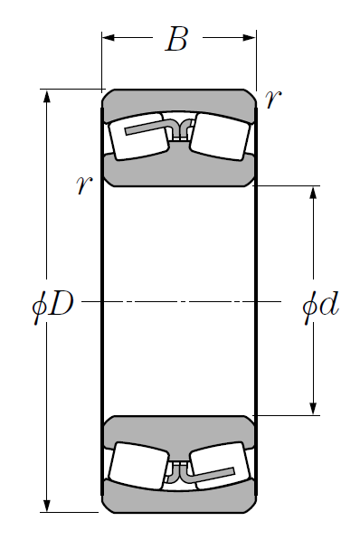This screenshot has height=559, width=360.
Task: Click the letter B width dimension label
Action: (176, 39)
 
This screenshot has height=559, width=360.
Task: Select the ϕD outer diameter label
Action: (52, 304)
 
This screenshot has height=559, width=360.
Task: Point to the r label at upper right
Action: (273, 99)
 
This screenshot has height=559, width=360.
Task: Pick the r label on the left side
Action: (84, 185)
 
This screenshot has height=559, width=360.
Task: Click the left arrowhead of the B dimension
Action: (109, 37)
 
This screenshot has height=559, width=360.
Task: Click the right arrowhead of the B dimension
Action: (249, 37)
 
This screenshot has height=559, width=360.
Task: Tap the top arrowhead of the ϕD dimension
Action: (47, 96)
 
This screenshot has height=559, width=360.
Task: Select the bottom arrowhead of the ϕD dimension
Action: (47, 506)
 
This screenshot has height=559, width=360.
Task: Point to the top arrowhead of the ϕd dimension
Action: (313, 193)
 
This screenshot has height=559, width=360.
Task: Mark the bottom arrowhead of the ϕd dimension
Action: (313, 409)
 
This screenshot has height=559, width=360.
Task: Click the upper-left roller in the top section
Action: (138, 137)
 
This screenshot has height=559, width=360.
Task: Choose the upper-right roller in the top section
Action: (220, 137)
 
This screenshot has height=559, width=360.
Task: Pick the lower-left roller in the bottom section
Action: (138, 466)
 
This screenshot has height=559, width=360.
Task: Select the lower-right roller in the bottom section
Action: (220, 466)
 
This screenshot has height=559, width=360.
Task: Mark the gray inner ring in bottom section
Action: (179, 432)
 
